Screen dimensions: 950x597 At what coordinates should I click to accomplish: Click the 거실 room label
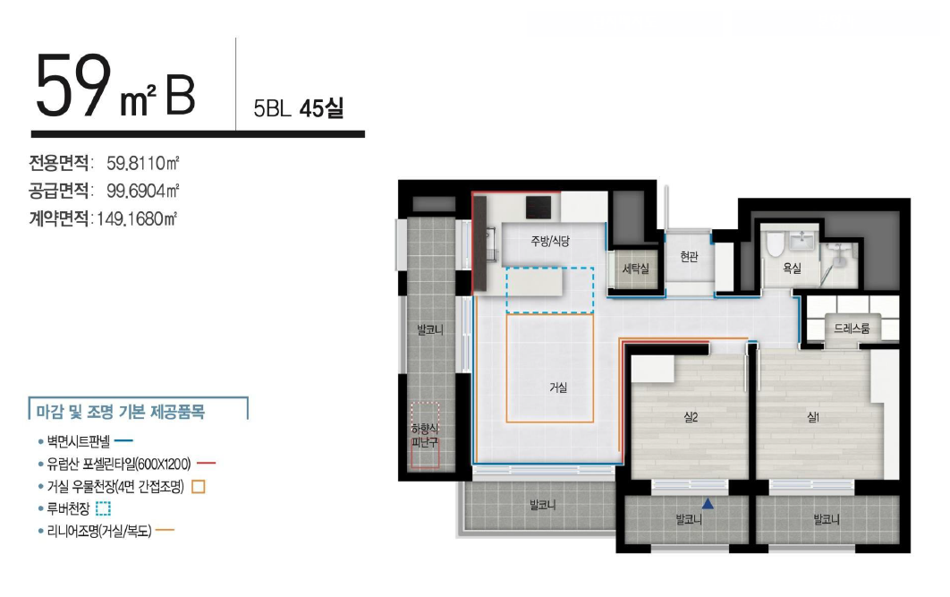pyautogui.click(x=558, y=387)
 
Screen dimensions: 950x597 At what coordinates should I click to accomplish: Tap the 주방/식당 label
pyautogui.click(x=550, y=241)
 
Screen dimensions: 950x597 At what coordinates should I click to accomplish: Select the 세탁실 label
pyautogui.click(x=635, y=268)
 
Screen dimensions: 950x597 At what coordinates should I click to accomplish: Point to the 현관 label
pyautogui.click(x=689, y=257)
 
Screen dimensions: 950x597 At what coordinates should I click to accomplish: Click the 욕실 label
pyautogui.click(x=792, y=268)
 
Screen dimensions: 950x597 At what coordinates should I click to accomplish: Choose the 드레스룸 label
pyautogui.click(x=852, y=328)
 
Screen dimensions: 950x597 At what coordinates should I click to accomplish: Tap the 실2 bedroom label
pyautogui.click(x=691, y=417)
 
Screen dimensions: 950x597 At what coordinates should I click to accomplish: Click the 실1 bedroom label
pyautogui.click(x=813, y=417)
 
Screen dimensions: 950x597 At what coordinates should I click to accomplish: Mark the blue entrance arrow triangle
pyautogui.click(x=708, y=503)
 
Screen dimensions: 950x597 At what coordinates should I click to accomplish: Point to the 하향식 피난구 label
pyautogui.click(x=425, y=436)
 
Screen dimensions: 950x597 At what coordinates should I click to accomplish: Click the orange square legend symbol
pyautogui.click(x=198, y=486)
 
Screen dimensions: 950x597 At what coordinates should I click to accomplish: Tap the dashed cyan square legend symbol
pyautogui.click(x=103, y=507)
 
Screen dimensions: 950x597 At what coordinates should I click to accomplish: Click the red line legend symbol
pyautogui.click(x=206, y=464)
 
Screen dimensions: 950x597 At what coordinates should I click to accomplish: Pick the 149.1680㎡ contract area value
pyautogui.click(x=137, y=218)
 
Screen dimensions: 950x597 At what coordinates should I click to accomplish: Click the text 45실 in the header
pyautogui.click(x=322, y=108)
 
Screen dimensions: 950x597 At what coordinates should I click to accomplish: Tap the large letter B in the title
pyautogui.click(x=180, y=97)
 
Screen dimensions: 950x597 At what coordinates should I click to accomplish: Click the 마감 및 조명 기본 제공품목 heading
pyautogui.click(x=121, y=412)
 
